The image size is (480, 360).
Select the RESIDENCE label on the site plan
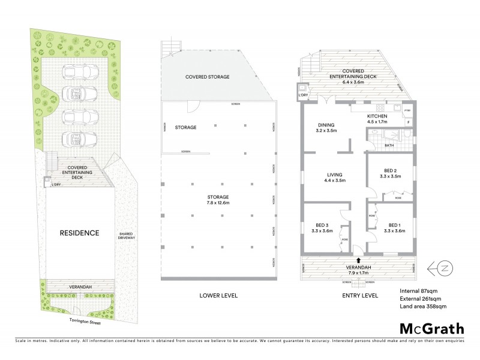[x=79, y=233]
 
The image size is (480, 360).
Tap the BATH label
[x=389, y=145]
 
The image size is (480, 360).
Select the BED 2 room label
[x=390, y=171]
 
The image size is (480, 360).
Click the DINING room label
[x=328, y=125]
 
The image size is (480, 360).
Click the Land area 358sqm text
[x=422, y=306]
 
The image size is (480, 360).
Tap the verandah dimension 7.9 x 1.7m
[x=359, y=272]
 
